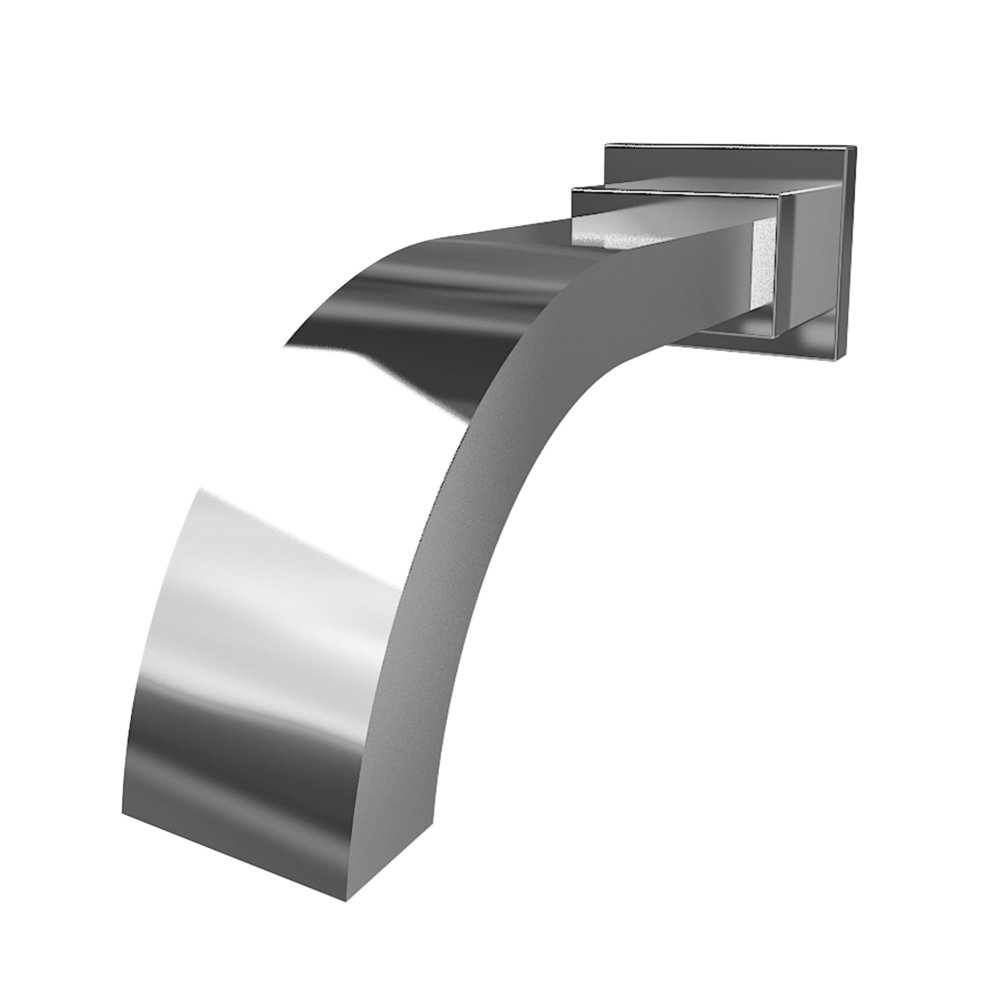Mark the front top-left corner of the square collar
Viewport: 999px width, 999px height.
[572, 191]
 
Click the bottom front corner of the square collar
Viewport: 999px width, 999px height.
[775, 339]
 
